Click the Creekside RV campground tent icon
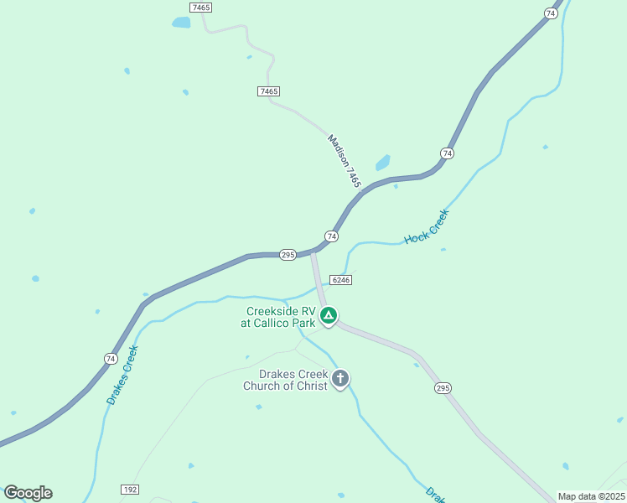329,316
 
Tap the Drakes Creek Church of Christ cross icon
340,378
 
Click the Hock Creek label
427,227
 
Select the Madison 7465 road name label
345,161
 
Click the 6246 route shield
340,280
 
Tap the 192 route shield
129,489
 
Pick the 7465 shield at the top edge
201,7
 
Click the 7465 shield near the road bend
269,91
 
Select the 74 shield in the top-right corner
551,13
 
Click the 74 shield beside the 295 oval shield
332,237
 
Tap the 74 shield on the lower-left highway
111,359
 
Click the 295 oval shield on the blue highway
288,255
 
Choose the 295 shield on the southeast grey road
443,387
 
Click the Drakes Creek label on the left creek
122,375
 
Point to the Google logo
28,493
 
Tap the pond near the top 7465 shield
181,23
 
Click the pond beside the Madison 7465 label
383,162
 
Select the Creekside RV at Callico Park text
278,317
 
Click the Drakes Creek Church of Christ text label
285,380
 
